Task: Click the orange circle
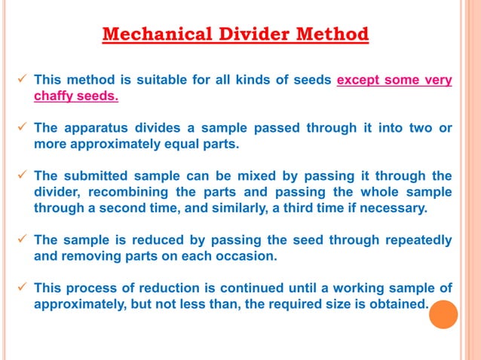tap(443, 315)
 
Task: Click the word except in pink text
tap(359, 81)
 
